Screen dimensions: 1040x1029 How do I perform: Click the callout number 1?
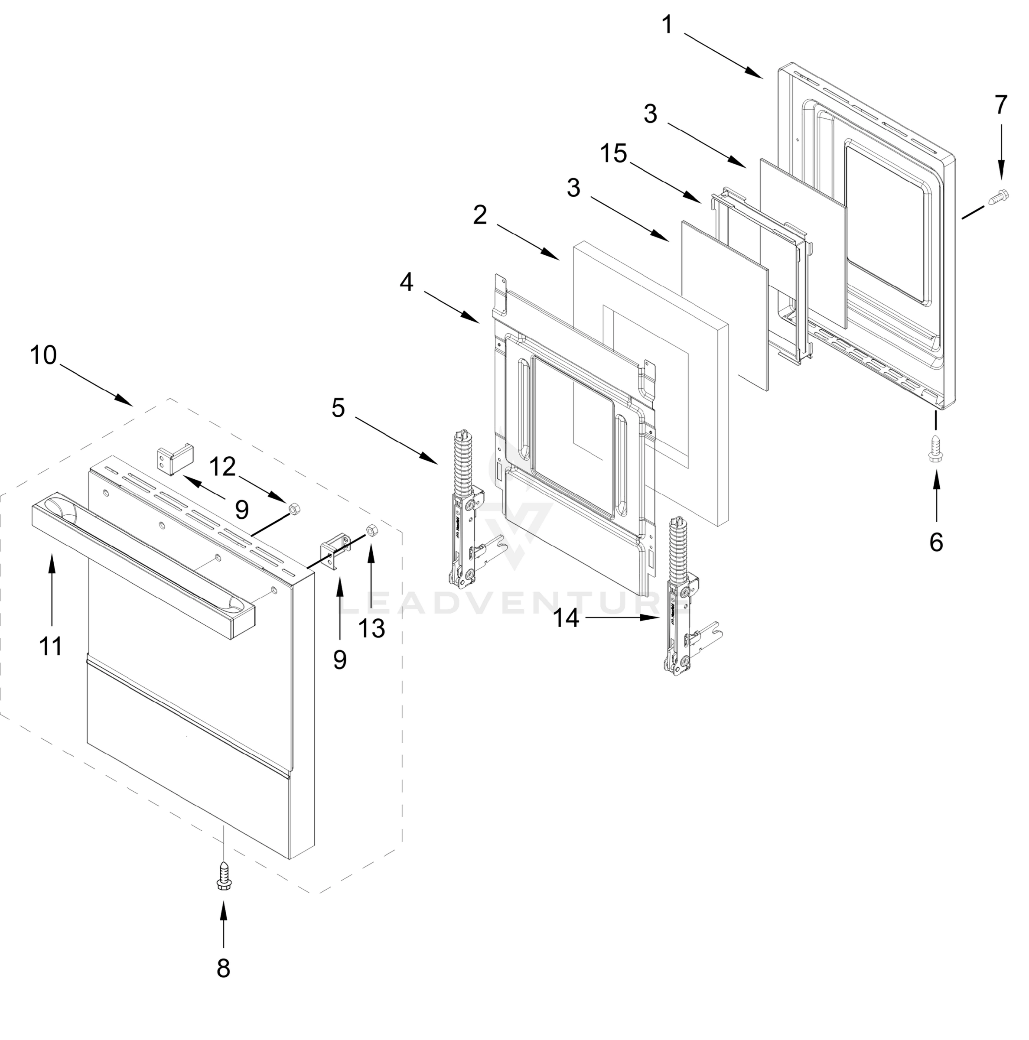(667, 25)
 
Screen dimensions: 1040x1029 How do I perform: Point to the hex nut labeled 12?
(294, 507)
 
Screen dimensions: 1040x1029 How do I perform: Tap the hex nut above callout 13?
(371, 530)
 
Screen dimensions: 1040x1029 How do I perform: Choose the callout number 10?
(43, 355)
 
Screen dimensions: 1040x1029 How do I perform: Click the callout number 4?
(407, 282)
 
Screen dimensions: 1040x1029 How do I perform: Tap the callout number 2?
(480, 215)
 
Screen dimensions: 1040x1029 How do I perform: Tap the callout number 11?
(51, 646)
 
